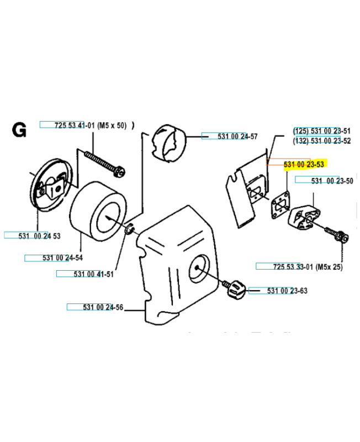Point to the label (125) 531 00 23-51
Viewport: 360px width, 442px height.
point(321,131)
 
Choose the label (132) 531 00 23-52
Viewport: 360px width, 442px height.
point(321,141)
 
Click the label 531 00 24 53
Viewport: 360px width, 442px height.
point(33,235)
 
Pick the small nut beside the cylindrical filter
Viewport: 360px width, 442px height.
point(130,228)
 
